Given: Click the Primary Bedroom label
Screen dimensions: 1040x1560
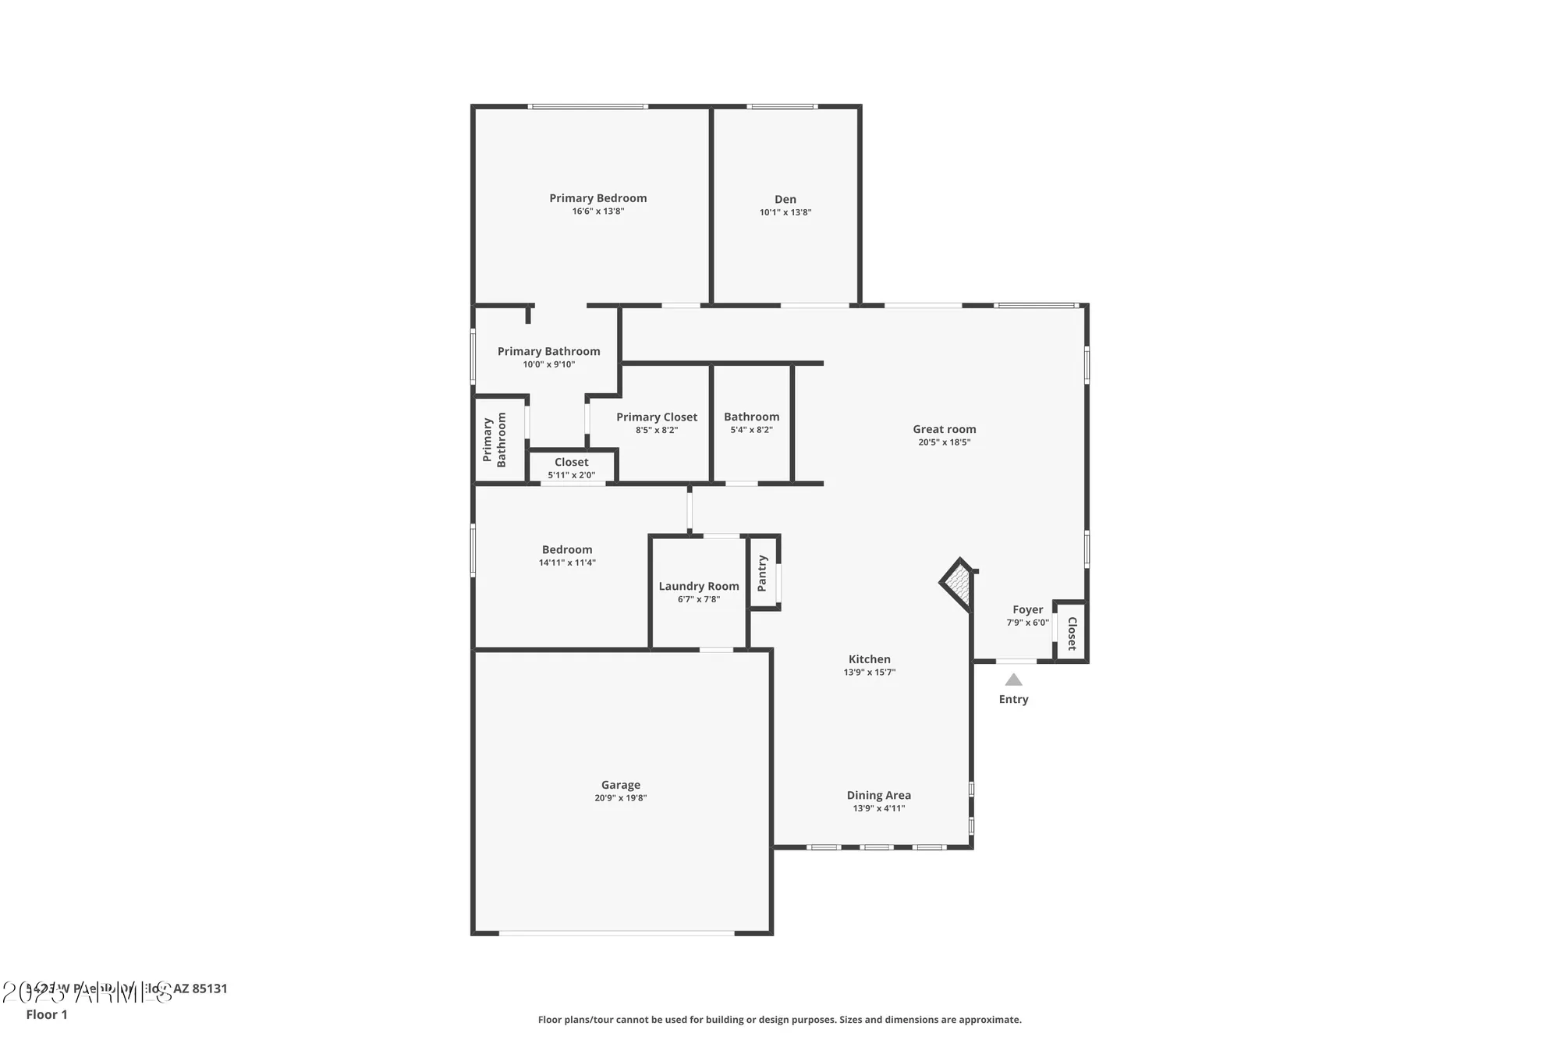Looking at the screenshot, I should click(x=597, y=198).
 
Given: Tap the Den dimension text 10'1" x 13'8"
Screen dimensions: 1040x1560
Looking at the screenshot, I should click(x=785, y=212).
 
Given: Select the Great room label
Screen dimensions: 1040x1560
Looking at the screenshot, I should click(x=944, y=429).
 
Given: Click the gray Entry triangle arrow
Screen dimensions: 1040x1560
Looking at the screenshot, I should click(x=1013, y=680).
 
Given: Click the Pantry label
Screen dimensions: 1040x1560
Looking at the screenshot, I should click(x=762, y=573).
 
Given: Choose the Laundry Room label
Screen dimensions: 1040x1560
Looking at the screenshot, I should click(x=698, y=586).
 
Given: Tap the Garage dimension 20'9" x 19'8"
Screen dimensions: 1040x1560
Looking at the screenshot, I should click(x=620, y=798).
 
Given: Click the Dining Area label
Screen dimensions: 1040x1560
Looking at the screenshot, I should click(x=878, y=795).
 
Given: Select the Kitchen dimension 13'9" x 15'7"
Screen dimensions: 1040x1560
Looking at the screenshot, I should click(x=869, y=673).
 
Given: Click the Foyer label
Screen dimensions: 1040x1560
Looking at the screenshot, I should click(x=1027, y=609).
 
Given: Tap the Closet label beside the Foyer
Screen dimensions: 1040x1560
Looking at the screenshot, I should click(x=1072, y=633).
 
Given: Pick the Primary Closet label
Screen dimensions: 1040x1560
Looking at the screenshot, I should click(x=656, y=417).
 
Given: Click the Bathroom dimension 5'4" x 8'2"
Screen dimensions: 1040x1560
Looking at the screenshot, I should click(x=751, y=430).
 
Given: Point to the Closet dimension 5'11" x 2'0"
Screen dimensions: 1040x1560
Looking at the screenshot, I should click(x=571, y=475).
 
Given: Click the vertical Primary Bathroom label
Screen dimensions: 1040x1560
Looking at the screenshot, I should click(x=494, y=440).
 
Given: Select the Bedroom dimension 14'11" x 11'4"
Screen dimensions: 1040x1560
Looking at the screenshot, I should click(x=567, y=563).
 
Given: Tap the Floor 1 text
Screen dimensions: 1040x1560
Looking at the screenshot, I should click(x=47, y=1014).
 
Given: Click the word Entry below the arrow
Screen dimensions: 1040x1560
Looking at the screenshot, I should click(x=1013, y=699).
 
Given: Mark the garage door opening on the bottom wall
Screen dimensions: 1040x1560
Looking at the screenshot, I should click(x=616, y=932).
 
